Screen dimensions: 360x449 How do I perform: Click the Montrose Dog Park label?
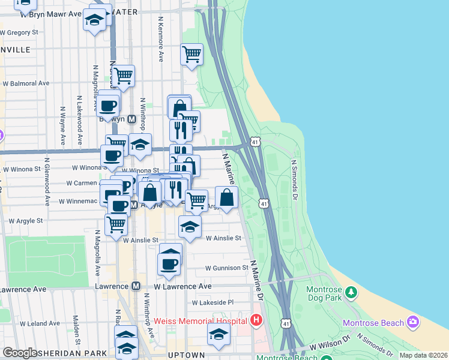324,293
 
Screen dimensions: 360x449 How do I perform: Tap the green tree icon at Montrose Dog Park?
352,293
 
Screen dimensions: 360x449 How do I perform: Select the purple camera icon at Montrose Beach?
412,322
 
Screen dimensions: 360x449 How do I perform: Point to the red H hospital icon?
257,320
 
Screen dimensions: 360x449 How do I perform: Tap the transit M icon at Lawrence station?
136,287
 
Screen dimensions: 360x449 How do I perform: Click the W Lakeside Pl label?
212,303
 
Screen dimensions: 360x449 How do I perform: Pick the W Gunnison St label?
226,268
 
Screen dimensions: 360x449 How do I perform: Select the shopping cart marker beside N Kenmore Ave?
191,54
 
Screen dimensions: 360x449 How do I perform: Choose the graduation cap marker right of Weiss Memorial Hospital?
218,334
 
